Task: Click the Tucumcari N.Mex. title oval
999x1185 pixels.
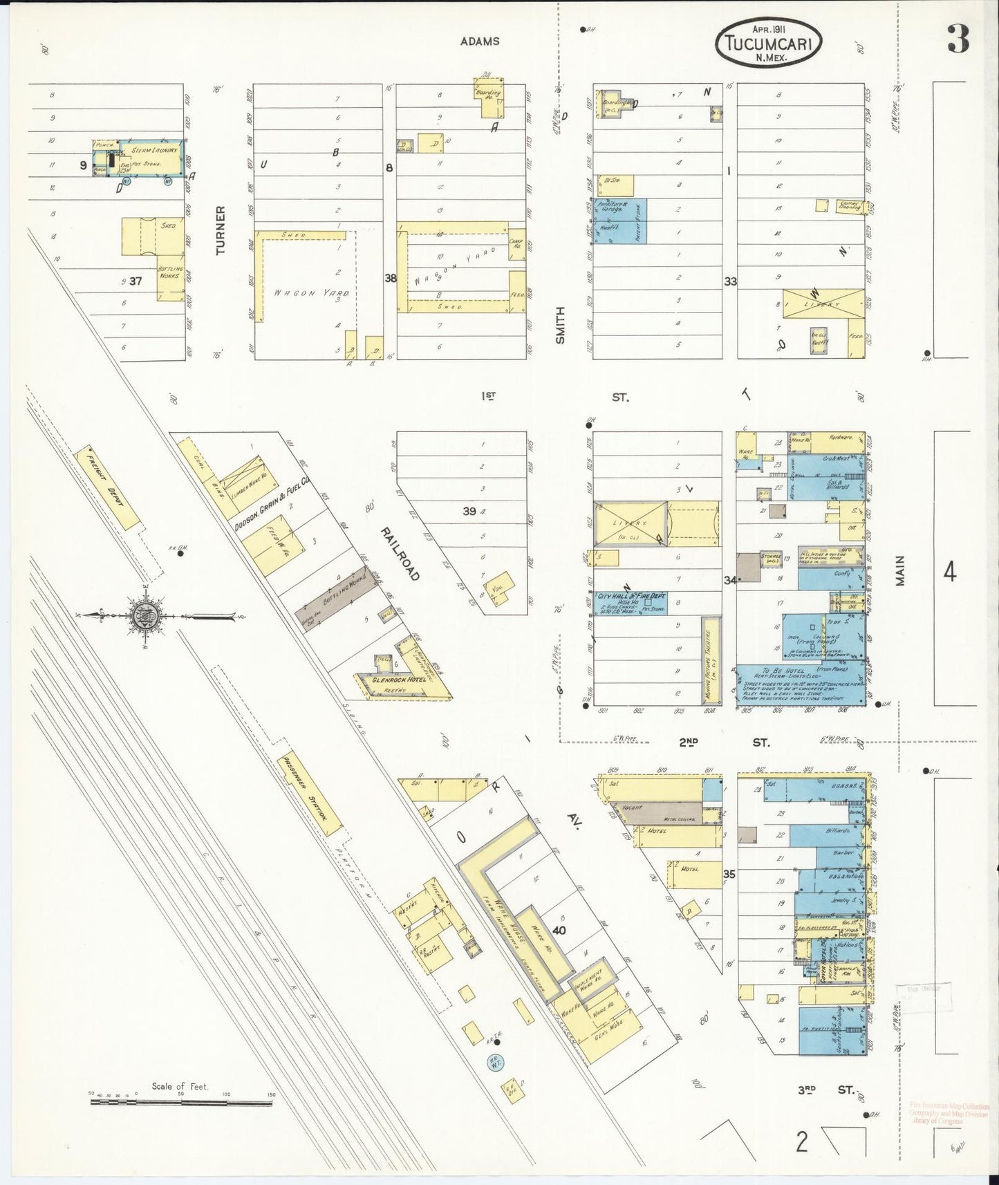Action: (x=769, y=41)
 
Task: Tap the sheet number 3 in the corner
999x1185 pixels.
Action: (x=958, y=39)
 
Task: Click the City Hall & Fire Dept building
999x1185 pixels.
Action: (x=629, y=602)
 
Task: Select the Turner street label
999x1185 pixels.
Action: (x=221, y=230)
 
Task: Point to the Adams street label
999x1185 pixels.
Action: (x=480, y=41)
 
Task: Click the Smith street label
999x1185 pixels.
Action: (x=560, y=325)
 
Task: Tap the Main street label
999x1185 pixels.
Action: (x=899, y=571)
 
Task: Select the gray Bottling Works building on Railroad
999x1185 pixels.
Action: (x=333, y=593)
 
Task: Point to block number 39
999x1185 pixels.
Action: (x=469, y=511)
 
